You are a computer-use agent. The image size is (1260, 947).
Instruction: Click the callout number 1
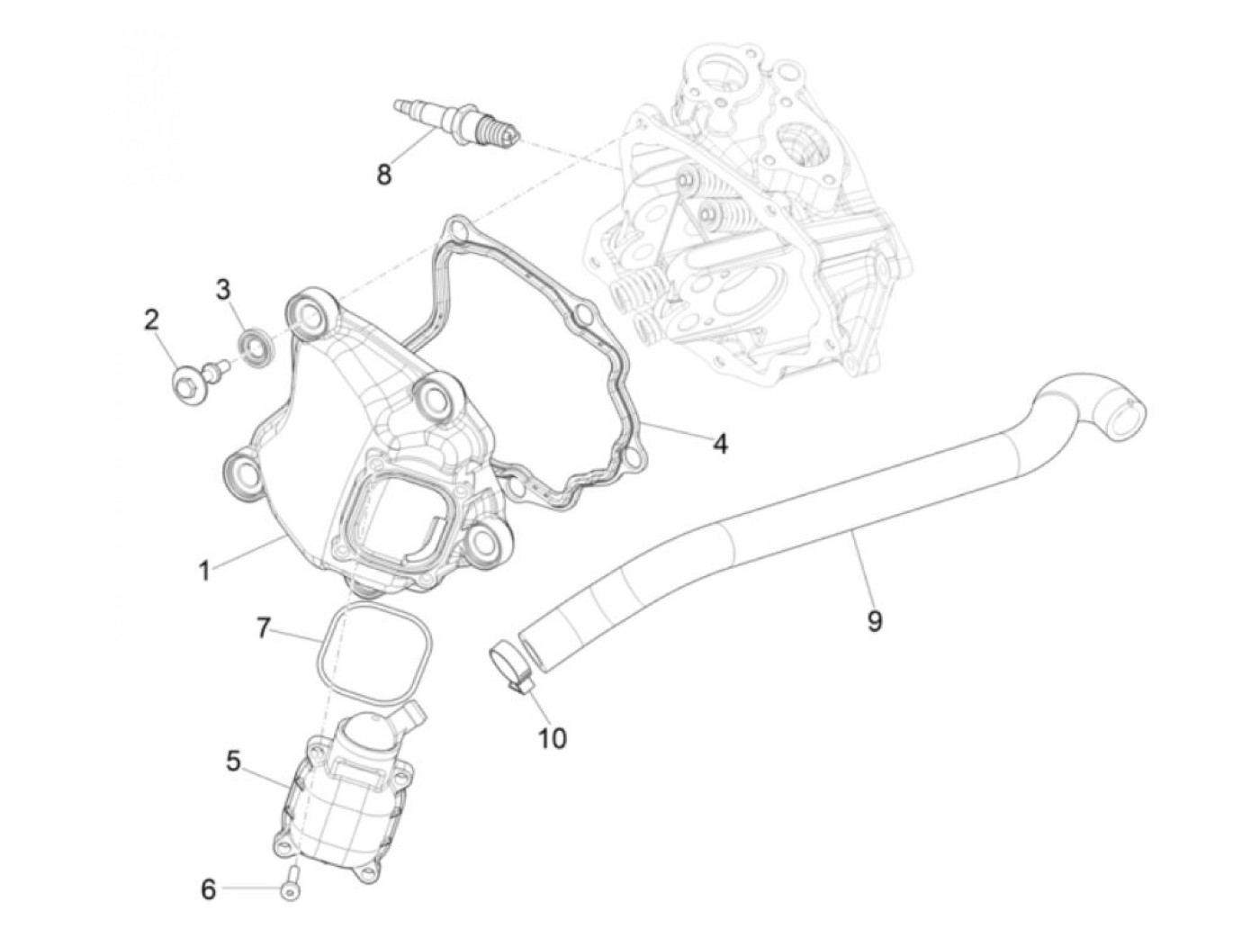click(204, 570)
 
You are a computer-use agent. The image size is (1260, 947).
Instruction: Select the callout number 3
click(223, 289)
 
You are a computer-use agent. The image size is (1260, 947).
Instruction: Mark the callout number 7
click(263, 627)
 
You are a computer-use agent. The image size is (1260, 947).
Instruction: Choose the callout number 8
click(384, 174)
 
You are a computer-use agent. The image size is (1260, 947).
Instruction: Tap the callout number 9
click(875, 620)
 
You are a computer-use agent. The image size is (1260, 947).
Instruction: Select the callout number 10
click(552, 738)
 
